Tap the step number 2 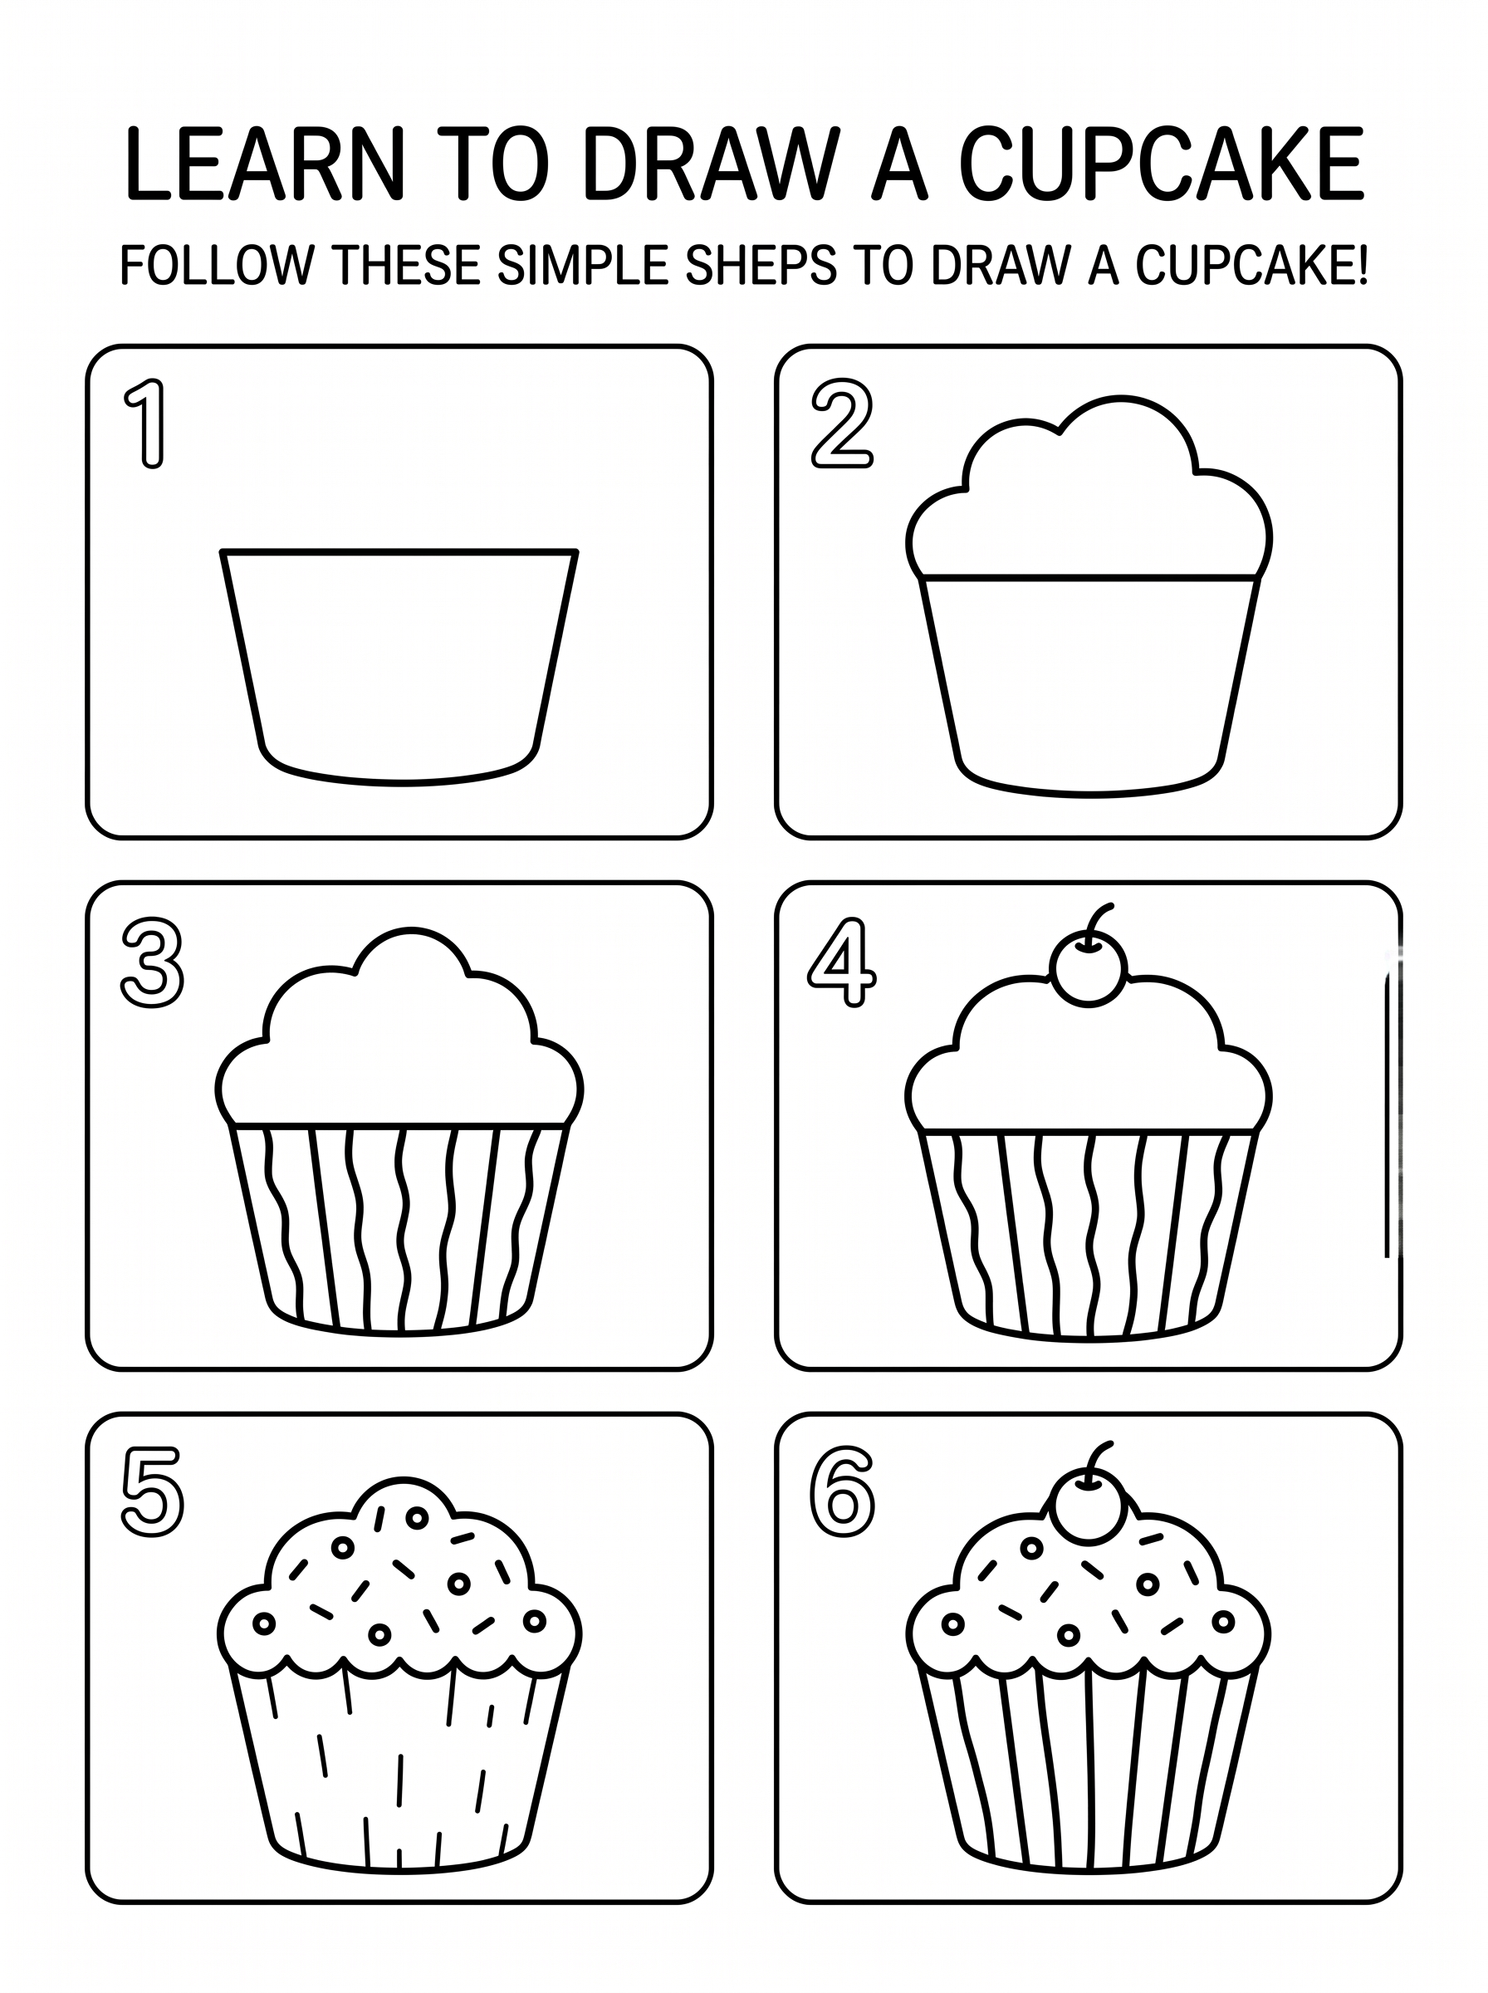point(841,424)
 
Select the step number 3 point(152,962)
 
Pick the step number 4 point(841,962)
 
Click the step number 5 point(152,1492)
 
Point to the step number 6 point(841,1492)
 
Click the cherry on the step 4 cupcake point(1088,968)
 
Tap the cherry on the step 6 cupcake point(1088,1504)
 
